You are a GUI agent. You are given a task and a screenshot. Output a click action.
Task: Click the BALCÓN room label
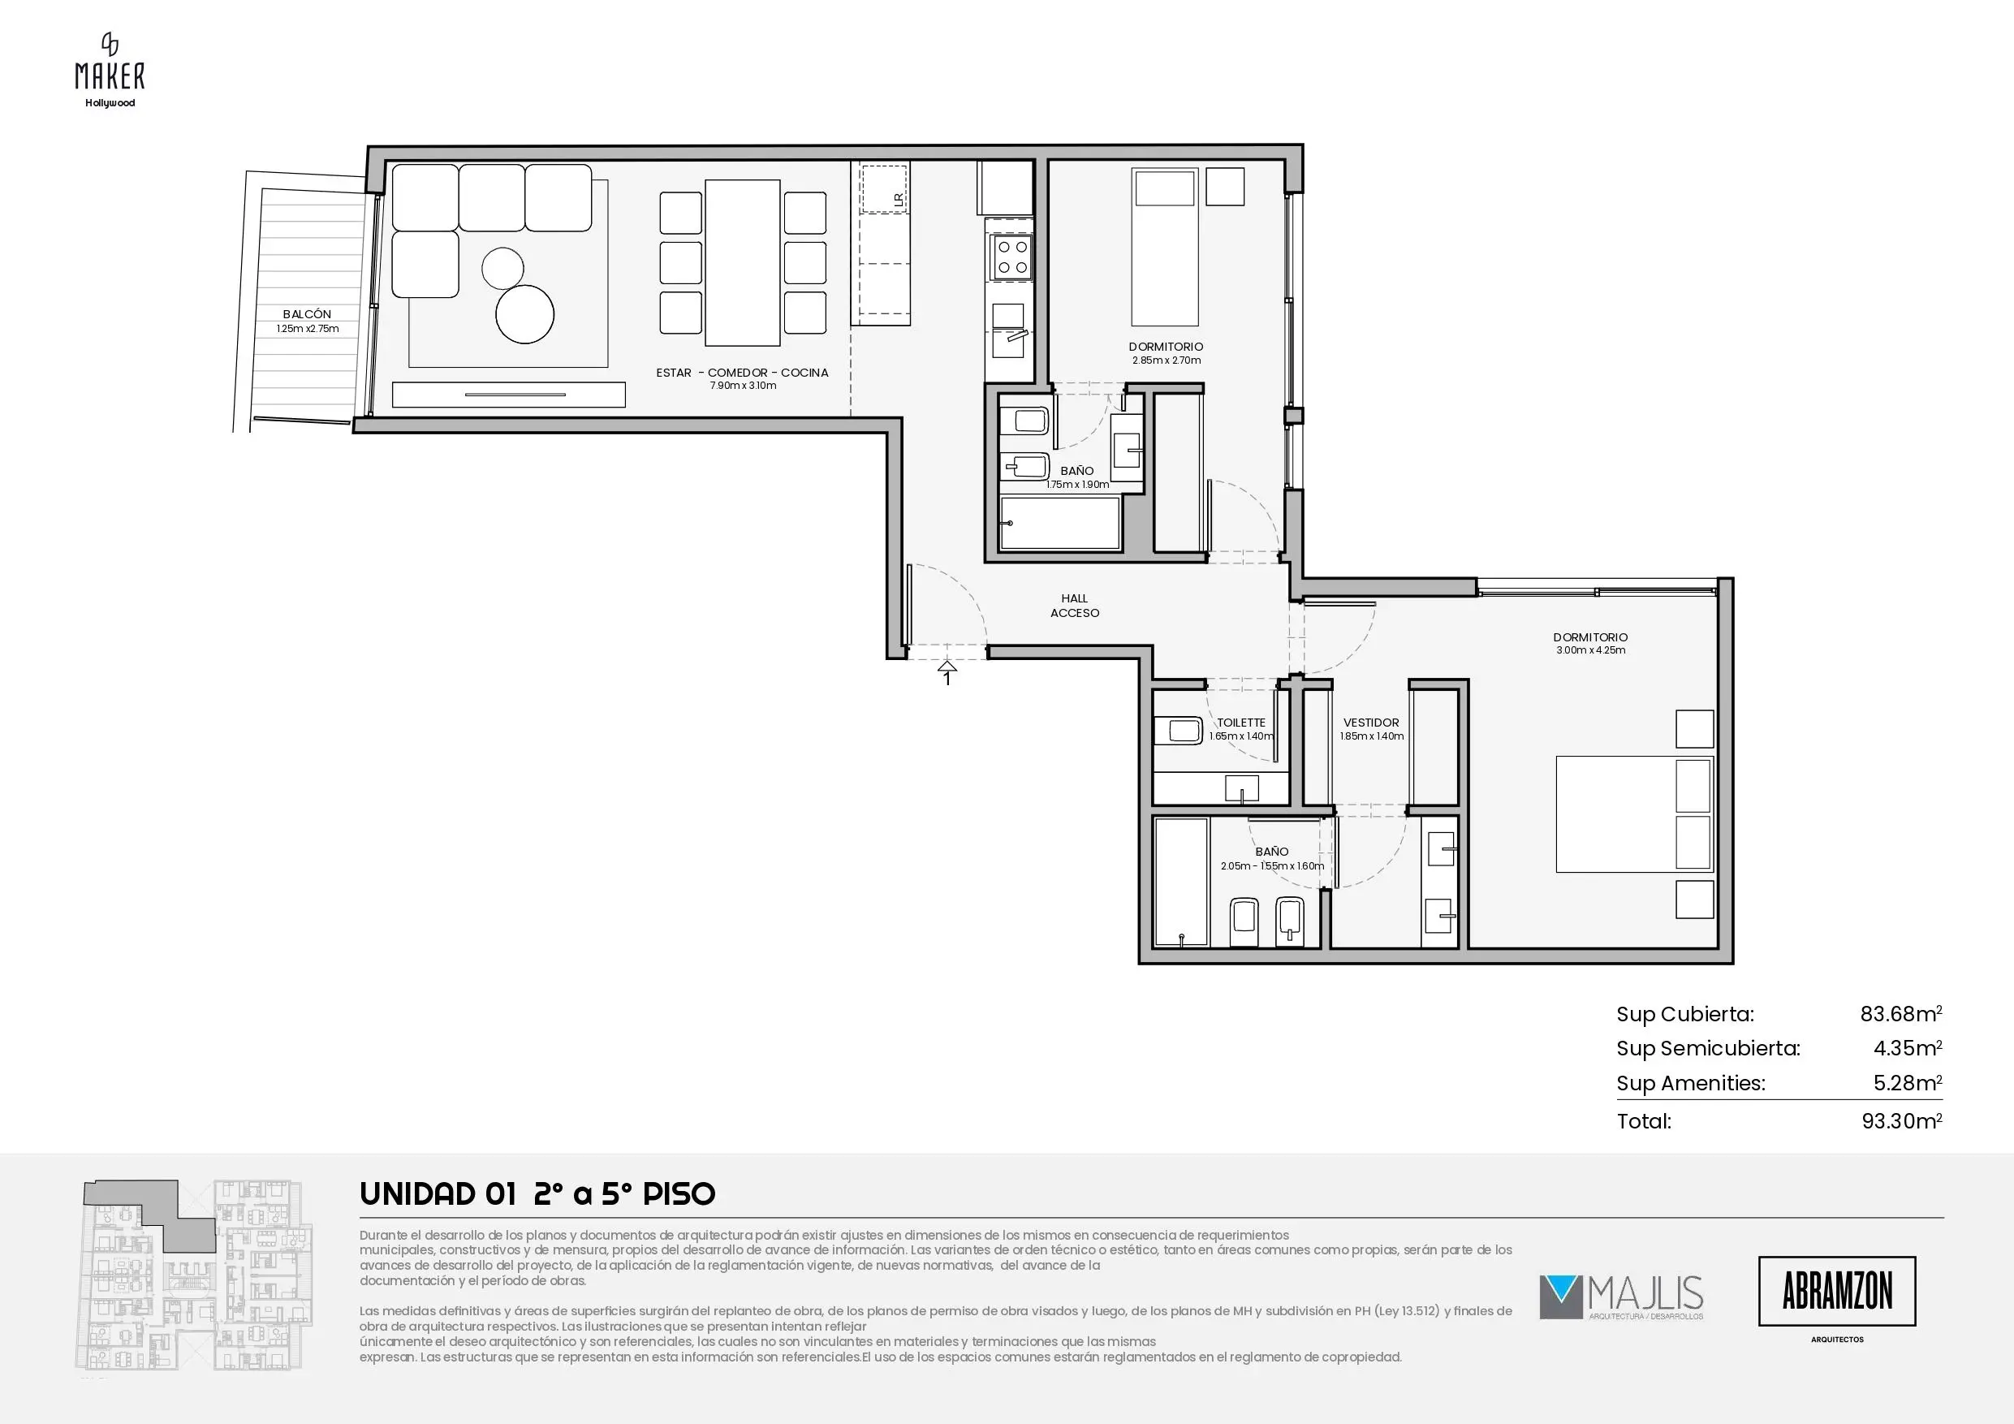tap(307, 314)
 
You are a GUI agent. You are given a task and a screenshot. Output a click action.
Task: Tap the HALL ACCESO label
tap(1075, 606)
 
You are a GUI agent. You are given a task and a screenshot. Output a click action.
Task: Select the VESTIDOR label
tap(1371, 723)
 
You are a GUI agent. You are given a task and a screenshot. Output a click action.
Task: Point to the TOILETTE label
tap(1241, 723)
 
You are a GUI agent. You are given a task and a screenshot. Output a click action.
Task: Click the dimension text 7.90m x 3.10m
tap(743, 385)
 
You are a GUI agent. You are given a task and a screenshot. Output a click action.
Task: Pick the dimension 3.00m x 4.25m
tap(1590, 650)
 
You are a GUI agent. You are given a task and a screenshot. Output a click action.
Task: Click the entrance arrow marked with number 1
tap(947, 672)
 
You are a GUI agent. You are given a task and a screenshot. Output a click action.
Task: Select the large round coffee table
tap(524, 314)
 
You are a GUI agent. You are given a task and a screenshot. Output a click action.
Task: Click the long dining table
tap(743, 263)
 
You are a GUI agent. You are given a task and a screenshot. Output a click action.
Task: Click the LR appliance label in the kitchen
tap(899, 200)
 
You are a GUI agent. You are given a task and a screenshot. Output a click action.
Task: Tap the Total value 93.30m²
tap(1902, 1120)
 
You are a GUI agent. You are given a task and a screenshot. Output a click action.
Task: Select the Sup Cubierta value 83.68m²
tap(1901, 1014)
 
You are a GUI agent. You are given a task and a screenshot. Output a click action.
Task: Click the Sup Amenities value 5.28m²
tap(1908, 1083)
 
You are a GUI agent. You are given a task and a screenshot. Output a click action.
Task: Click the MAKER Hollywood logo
tap(110, 70)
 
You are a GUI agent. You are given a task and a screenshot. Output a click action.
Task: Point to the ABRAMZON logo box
tap(1837, 1291)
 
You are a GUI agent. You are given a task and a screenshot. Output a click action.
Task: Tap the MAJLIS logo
tap(1621, 1297)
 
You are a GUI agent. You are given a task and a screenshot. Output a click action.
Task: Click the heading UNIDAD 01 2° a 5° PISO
tap(537, 1194)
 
